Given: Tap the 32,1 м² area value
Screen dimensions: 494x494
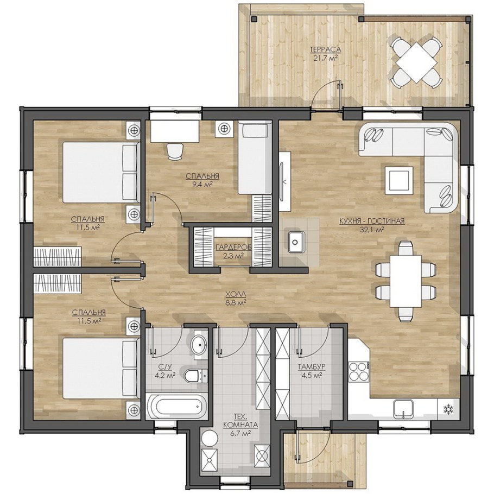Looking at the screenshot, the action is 371,230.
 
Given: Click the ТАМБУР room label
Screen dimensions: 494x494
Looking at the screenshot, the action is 312,367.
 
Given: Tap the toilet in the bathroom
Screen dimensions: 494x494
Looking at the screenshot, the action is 195,376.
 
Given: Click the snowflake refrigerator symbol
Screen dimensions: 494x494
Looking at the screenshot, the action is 448,409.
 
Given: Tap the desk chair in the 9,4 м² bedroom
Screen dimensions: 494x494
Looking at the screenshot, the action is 175,151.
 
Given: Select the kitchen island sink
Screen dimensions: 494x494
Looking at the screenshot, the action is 296,242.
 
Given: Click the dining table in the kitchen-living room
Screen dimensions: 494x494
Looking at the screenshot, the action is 406,281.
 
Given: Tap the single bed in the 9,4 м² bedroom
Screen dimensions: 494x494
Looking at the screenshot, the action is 255,158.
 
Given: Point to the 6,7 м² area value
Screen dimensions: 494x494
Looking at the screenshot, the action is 240,434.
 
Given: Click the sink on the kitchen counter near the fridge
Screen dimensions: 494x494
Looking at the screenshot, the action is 403,409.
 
